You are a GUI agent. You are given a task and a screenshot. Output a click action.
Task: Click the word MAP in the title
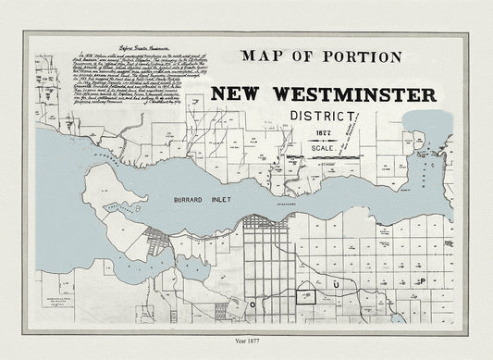(263, 57)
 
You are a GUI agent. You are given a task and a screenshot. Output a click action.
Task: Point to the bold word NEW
(241, 94)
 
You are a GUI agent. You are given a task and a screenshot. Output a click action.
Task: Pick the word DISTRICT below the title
(322, 117)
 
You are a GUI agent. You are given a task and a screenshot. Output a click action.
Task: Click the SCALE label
(325, 147)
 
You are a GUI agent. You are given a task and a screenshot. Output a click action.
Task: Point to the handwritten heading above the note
(93, 44)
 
